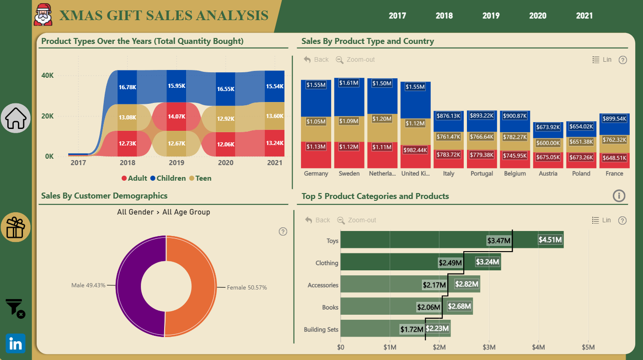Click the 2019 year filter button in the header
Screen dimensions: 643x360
pyautogui.click(x=491, y=16)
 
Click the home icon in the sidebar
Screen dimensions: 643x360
pyautogui.click(x=16, y=118)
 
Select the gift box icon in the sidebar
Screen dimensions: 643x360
pyautogui.click(x=16, y=227)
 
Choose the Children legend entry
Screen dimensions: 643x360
pyautogui.click(x=168, y=178)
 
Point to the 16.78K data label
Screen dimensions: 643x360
pyautogui.click(x=128, y=87)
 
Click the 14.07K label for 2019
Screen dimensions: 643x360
pyautogui.click(x=177, y=116)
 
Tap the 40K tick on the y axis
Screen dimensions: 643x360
pyautogui.click(x=48, y=75)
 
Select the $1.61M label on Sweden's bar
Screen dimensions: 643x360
pyautogui.click(x=349, y=83)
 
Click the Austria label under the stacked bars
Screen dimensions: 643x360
pyautogui.click(x=548, y=173)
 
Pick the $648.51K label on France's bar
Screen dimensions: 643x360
pyautogui.click(x=614, y=158)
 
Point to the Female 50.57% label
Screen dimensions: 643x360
pyautogui.click(x=247, y=287)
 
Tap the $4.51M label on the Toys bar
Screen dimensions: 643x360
pyautogui.click(x=550, y=240)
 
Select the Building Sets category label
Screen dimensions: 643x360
pyautogui.click(x=321, y=329)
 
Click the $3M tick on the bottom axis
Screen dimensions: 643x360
pyautogui.click(x=489, y=347)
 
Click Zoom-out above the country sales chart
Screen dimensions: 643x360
pyautogui.click(x=355, y=60)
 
